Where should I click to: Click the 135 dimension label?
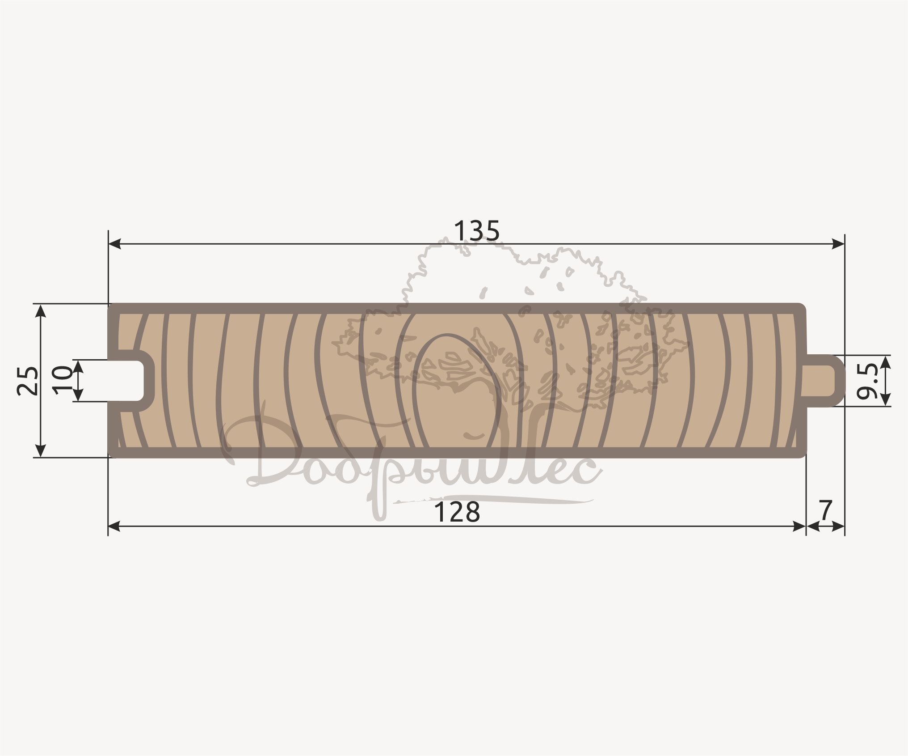476,231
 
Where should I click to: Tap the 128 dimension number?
457,512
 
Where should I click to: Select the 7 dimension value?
825,510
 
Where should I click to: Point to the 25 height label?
27,381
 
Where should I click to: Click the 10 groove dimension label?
62,380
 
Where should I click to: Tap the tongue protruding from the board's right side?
825,381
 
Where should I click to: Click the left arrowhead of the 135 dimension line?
115,244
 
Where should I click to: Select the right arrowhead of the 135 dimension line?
838,244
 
